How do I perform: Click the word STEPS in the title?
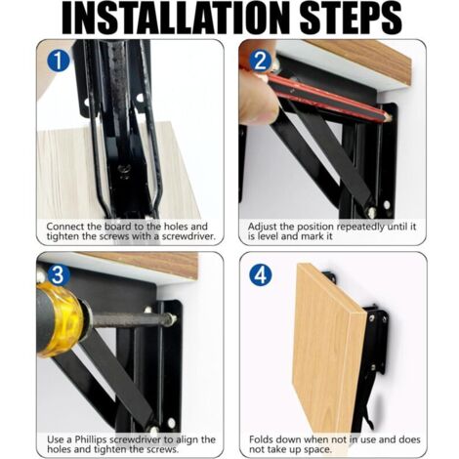[351, 19]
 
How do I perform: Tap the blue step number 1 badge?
[59, 62]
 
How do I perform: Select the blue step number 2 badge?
[261, 62]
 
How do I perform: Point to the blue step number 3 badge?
[59, 275]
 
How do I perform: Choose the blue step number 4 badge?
[261, 275]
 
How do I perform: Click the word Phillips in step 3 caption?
[91, 439]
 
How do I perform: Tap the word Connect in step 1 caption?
[65, 227]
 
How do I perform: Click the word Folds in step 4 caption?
[262, 439]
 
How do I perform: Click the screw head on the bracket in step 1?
[124, 170]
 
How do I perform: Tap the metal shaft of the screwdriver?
[130, 319]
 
